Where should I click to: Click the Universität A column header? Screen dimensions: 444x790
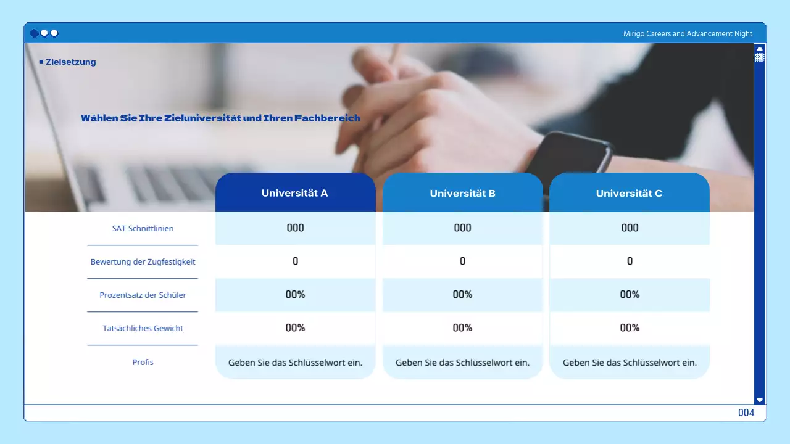(x=295, y=193)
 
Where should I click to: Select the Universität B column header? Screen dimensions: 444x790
(x=462, y=193)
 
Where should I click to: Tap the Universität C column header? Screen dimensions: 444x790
(x=629, y=193)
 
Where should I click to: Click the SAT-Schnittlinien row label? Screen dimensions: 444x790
(x=143, y=228)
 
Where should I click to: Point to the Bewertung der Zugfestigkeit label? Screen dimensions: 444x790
(x=143, y=261)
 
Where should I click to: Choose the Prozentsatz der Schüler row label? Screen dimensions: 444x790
(x=143, y=295)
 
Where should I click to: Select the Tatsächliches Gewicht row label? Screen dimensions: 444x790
(x=143, y=328)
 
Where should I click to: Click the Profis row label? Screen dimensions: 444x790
(x=143, y=362)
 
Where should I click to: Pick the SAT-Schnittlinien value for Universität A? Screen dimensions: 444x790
(x=295, y=228)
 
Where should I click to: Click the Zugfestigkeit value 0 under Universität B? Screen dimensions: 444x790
(x=462, y=261)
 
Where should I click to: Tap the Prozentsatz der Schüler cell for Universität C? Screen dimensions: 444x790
(x=630, y=294)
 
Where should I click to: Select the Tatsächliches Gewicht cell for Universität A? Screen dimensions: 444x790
(x=295, y=327)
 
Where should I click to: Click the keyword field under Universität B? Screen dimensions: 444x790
(x=462, y=363)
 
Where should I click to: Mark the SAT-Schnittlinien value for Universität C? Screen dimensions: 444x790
(x=630, y=228)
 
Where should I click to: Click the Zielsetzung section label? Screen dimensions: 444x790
(x=70, y=62)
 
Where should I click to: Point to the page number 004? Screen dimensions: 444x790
(x=746, y=413)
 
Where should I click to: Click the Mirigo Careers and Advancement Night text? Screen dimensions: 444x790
(x=688, y=34)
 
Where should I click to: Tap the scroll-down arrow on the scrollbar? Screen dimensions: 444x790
(x=760, y=400)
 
